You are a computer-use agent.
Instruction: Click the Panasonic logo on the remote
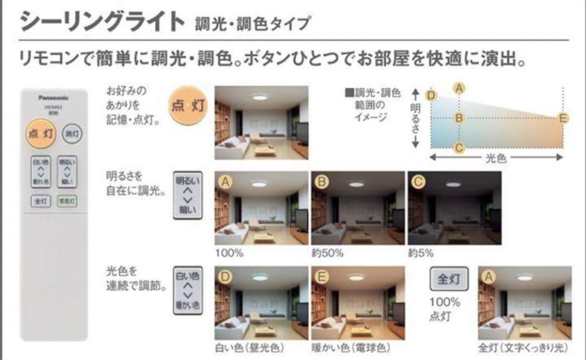click(54, 98)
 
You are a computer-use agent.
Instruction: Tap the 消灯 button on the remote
click(72, 133)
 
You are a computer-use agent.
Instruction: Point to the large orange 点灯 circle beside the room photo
click(188, 105)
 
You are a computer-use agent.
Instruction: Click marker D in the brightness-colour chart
click(431, 96)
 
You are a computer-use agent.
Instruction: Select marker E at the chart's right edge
click(563, 118)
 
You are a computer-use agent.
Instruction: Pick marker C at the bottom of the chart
click(459, 147)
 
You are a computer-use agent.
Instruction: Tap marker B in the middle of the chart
click(459, 118)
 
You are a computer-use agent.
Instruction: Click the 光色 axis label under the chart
click(495, 157)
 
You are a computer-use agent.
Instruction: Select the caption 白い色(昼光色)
click(250, 348)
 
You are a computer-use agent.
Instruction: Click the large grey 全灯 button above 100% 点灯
click(448, 279)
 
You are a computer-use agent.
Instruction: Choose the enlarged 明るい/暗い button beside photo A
click(187, 195)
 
